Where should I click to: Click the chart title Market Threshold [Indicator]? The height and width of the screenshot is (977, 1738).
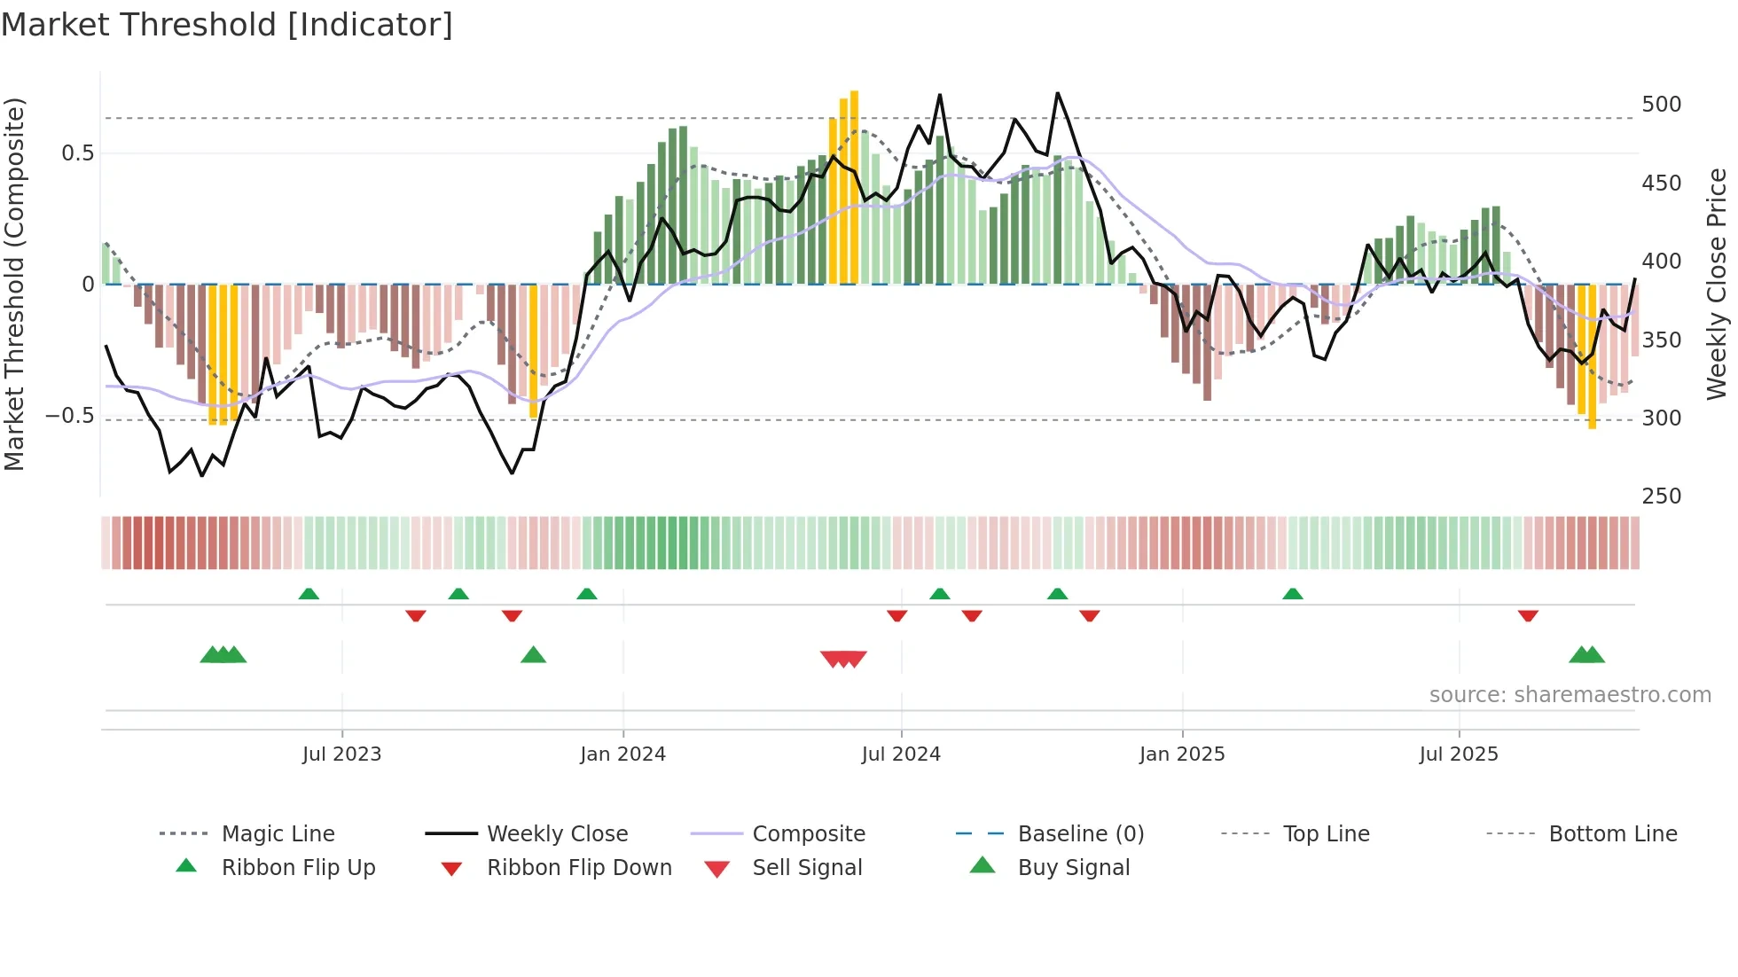point(227,25)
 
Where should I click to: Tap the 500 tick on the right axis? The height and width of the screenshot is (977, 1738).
point(1661,105)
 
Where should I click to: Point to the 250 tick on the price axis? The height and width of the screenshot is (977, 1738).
point(1661,496)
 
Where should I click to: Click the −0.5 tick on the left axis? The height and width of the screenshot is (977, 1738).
point(70,416)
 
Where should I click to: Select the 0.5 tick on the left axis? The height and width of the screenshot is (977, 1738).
point(77,153)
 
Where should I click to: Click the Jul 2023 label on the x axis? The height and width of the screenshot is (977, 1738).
point(341,754)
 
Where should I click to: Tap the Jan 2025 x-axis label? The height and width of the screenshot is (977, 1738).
point(1182,754)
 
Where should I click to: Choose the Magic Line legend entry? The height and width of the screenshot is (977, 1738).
point(278,834)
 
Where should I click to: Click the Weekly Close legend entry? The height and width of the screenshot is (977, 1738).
point(557,834)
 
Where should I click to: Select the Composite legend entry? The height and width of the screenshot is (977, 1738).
point(809,834)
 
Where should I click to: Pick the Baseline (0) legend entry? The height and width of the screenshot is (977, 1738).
point(1081,834)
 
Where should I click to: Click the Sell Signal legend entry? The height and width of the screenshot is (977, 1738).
point(807,868)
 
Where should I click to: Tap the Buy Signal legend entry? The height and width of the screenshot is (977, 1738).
point(1074,868)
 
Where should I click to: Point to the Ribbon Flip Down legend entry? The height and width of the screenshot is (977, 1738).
point(579,868)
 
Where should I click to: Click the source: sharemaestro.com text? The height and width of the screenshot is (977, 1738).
point(1570,695)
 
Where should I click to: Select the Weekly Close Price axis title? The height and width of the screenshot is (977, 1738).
point(1717,284)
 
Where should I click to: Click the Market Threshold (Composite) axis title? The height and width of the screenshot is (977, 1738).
point(15,284)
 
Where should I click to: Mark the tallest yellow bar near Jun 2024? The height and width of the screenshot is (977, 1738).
point(854,186)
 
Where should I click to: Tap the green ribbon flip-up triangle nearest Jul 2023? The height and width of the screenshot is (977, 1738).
point(309,594)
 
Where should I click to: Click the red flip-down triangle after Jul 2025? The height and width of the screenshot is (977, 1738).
point(1528,615)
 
